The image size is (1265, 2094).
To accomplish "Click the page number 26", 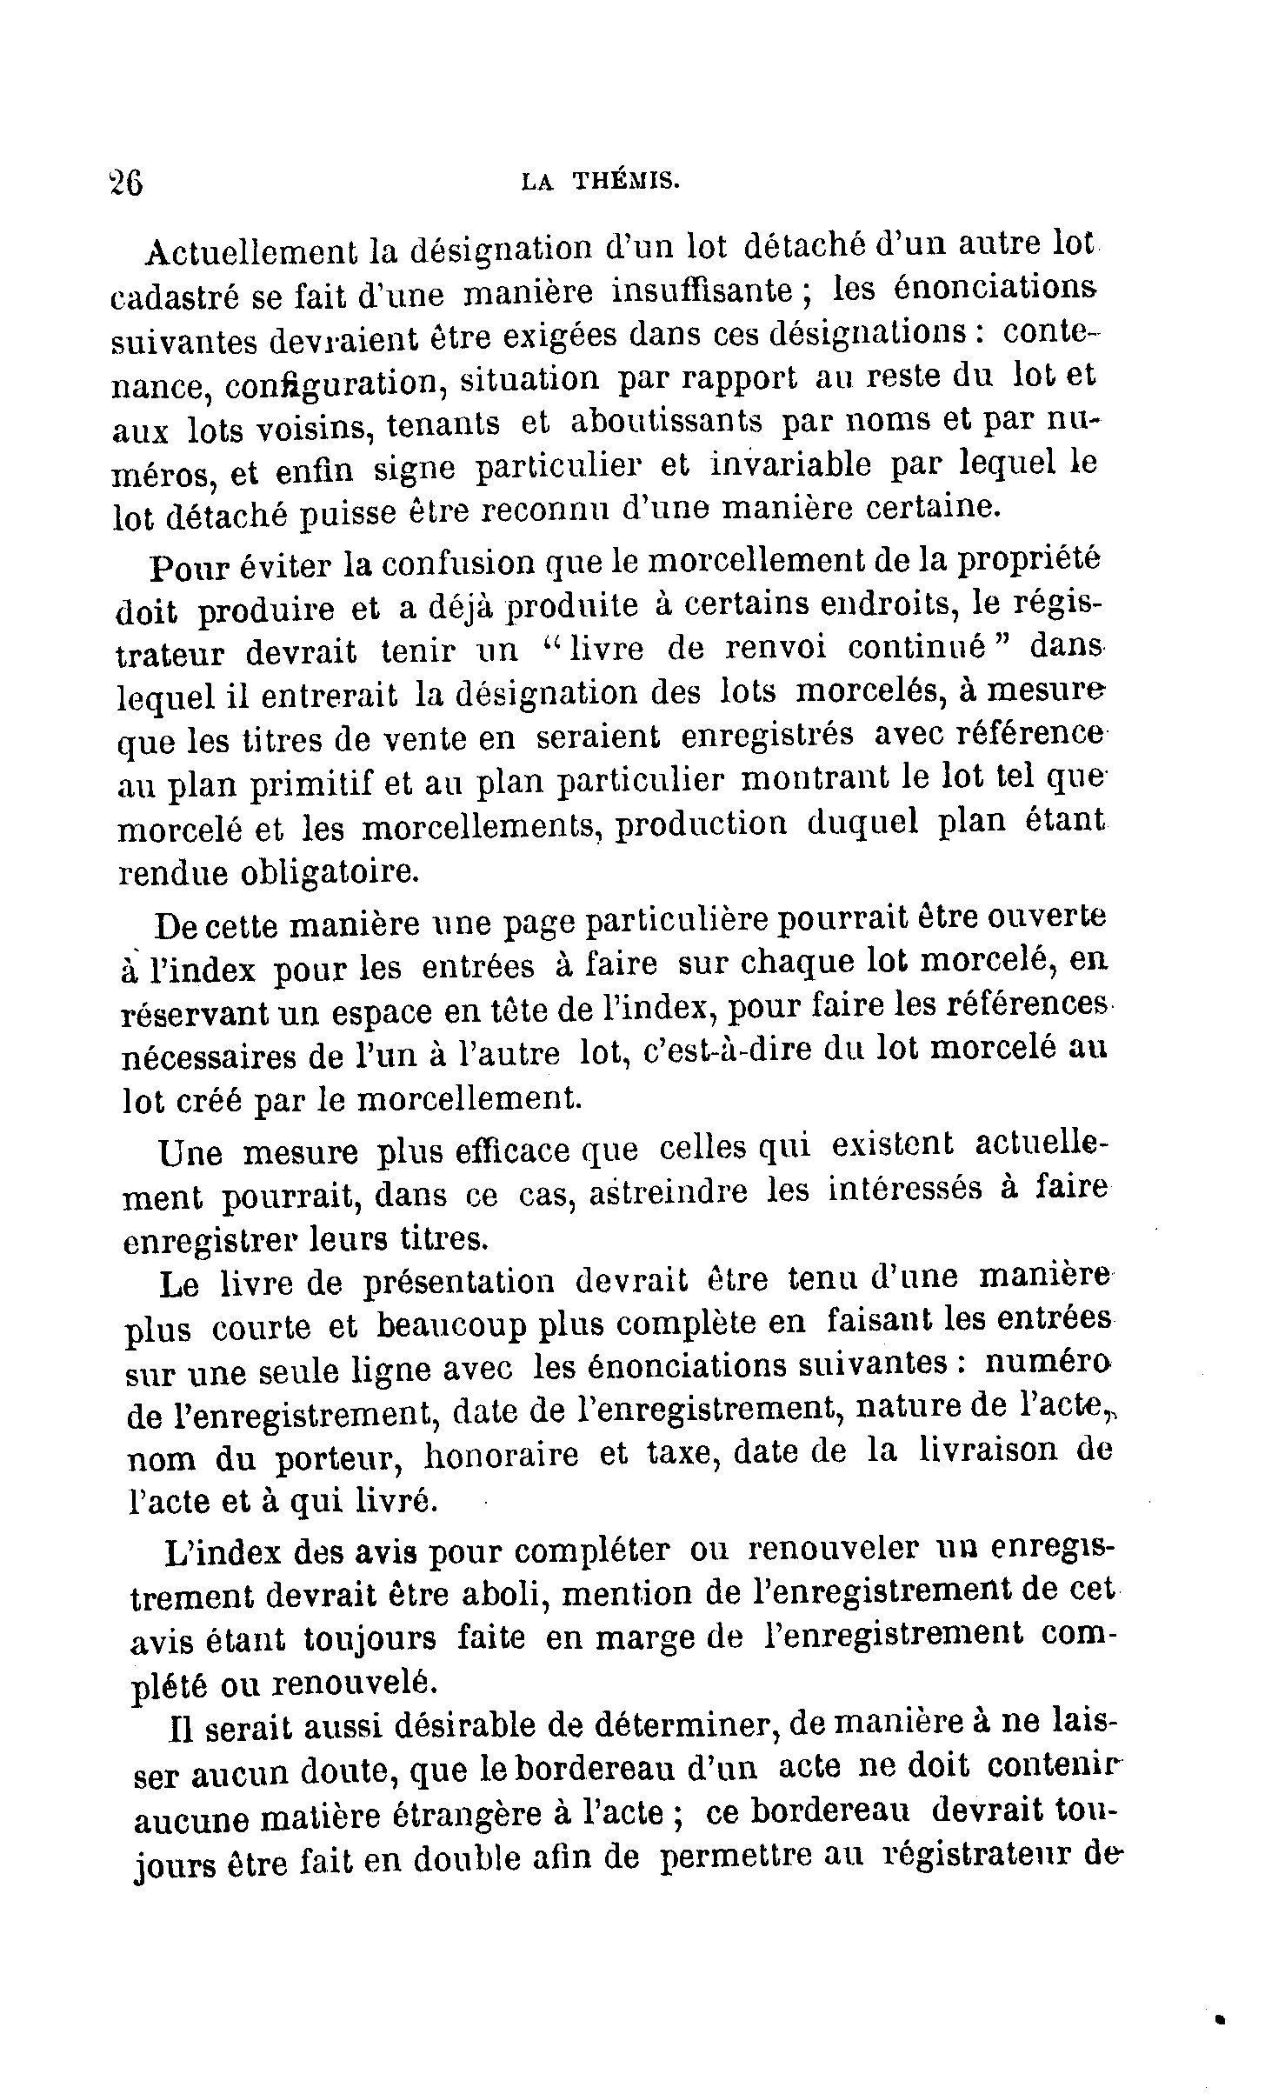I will (127, 184).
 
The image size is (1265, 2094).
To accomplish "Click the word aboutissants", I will (666, 423).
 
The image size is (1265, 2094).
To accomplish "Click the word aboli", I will (491, 1593).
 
